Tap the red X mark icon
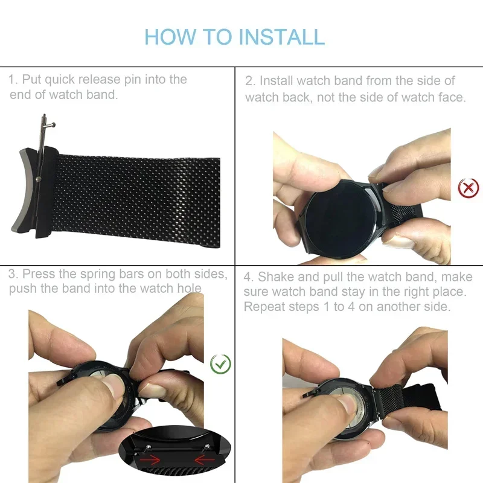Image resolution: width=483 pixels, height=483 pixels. click(x=469, y=188)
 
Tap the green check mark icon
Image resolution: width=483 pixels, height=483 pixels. click(x=220, y=364)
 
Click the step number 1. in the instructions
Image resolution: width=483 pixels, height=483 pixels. click(x=13, y=80)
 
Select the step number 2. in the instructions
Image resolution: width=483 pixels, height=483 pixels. click(x=251, y=81)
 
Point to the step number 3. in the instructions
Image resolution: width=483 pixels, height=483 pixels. click(x=13, y=274)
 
